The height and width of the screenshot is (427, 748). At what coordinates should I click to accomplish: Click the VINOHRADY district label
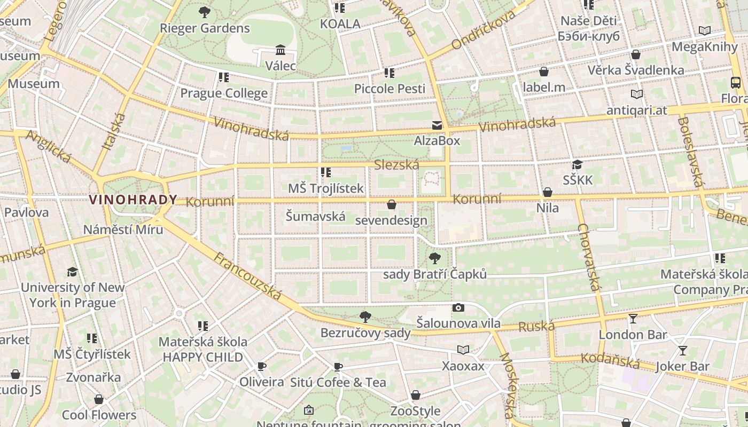(133, 200)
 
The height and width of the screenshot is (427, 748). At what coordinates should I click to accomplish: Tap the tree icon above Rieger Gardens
(204, 12)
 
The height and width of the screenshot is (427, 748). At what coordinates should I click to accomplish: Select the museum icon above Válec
(280, 50)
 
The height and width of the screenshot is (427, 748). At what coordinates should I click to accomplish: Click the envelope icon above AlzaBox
(437, 125)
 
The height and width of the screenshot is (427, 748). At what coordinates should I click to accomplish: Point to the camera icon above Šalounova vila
(458, 307)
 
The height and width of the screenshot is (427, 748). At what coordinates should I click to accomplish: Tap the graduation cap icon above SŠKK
(577, 164)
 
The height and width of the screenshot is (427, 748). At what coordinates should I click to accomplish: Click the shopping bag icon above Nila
(547, 192)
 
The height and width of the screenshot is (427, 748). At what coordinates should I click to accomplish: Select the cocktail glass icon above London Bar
(633, 319)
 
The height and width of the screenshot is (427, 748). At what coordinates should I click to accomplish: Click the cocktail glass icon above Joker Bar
(682, 351)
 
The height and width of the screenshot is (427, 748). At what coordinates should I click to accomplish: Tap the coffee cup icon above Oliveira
(261, 366)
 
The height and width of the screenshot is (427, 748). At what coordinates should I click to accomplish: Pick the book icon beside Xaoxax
(463, 350)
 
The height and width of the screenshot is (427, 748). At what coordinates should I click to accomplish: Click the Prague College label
(224, 93)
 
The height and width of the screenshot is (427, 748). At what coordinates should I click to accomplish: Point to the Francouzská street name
(247, 275)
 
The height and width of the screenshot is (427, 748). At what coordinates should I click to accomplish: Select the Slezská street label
(396, 165)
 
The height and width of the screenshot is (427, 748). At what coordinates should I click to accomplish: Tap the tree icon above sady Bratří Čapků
(435, 259)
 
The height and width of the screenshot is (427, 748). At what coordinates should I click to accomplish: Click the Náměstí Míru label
(123, 230)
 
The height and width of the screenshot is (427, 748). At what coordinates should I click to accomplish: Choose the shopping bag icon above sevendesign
(392, 204)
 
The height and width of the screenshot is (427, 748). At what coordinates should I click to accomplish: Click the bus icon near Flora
(736, 83)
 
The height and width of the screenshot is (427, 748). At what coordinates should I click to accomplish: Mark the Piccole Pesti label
(389, 89)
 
